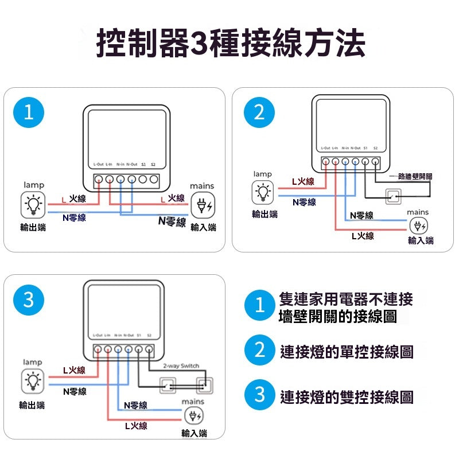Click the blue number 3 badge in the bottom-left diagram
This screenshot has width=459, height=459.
[29, 299]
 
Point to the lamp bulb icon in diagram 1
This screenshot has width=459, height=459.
[33, 204]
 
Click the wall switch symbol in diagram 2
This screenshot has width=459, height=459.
[393, 196]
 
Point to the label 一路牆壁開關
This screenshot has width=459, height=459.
[410, 177]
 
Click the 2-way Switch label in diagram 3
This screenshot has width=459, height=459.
[181, 365]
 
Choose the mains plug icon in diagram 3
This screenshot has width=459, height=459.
[194, 416]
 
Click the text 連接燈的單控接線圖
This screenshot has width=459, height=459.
[347, 351]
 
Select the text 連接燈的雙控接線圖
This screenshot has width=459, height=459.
[347, 396]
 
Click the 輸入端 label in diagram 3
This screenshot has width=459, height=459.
[194, 433]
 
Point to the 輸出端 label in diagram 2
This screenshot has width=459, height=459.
[264, 214]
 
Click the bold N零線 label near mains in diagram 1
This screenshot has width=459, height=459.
[172, 221]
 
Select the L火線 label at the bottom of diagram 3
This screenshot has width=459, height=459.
[136, 425]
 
